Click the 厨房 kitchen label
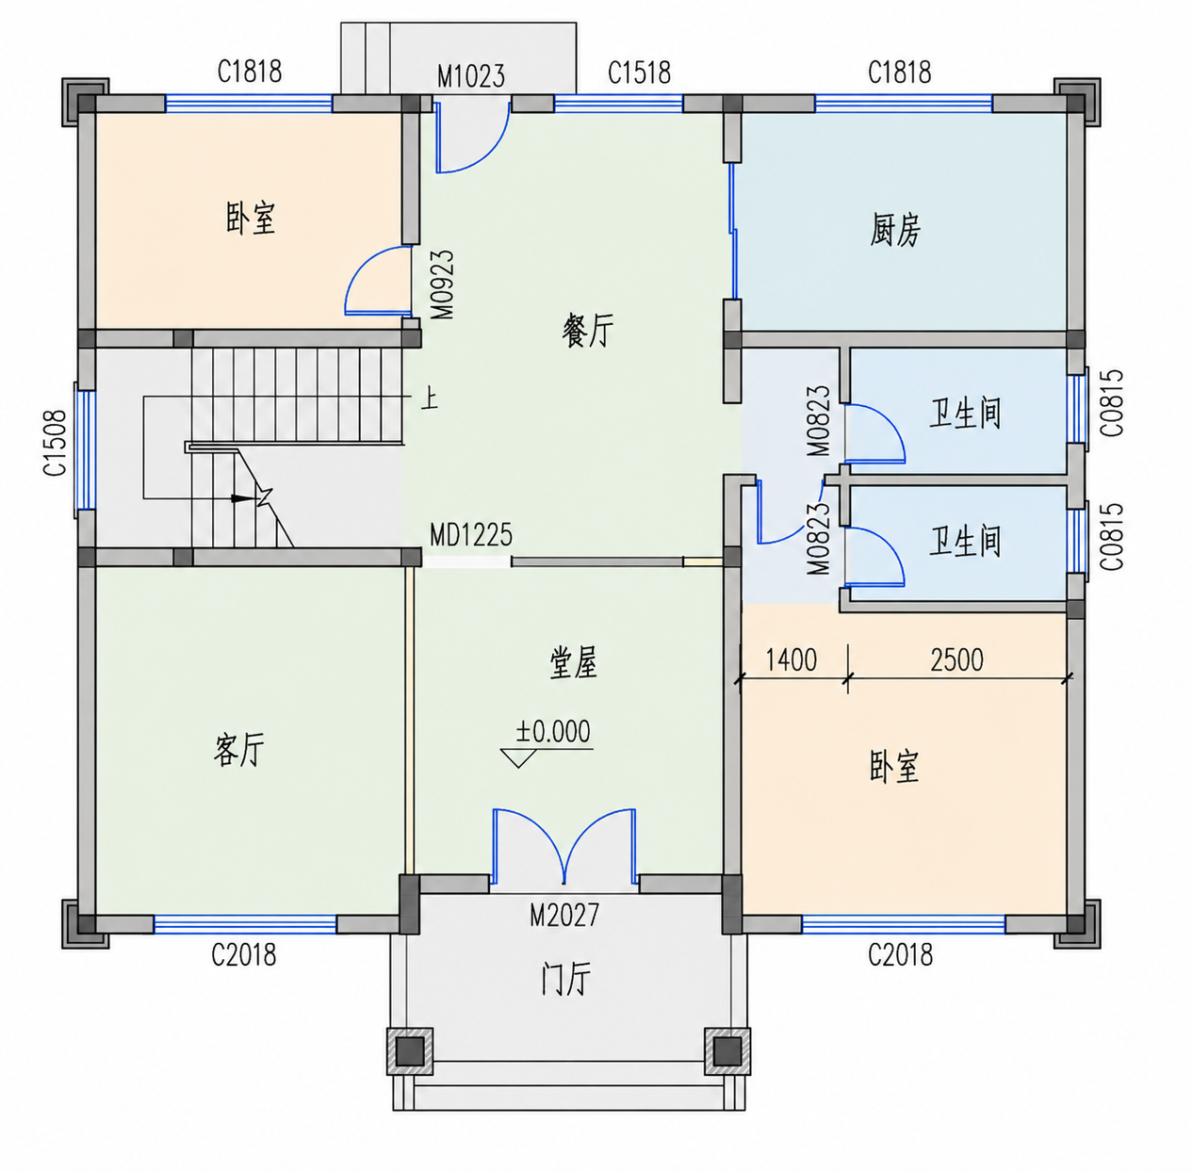coord(895,230)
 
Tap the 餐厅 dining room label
coord(588,330)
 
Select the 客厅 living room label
coord(239,750)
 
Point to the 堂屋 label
coord(573,663)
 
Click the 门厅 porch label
coord(565,979)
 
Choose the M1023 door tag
coord(471,76)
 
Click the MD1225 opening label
coord(471,535)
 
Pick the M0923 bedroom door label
coord(443,285)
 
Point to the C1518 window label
coord(640,73)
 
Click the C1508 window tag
coord(55,443)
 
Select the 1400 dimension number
coord(792,660)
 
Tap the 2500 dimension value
coord(956,660)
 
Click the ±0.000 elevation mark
coord(553,731)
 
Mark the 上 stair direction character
coord(429,398)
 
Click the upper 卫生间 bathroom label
coord(965,414)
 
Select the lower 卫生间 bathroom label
coord(965,542)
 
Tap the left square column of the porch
coord(410,1051)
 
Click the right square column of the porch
coord(727,1051)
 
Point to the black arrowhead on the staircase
coord(243,497)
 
